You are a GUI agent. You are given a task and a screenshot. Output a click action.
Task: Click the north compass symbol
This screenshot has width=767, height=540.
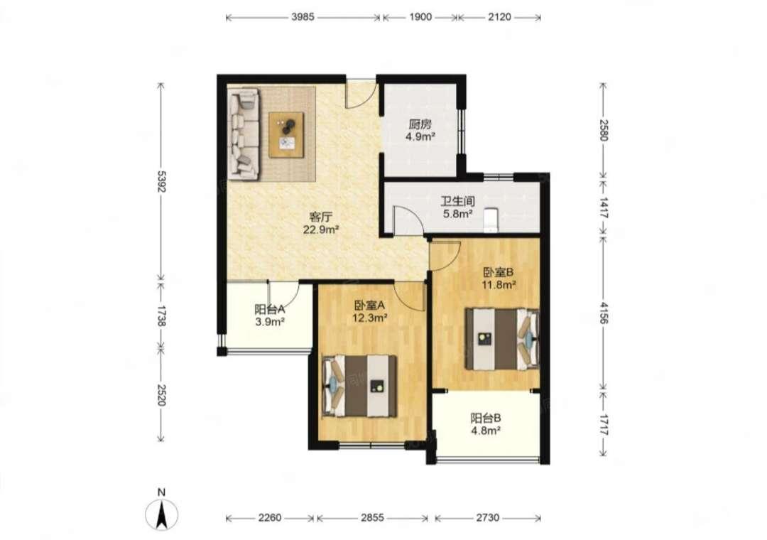coord(161,514)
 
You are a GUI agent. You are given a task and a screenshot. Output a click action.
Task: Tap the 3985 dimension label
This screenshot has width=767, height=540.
coord(303,17)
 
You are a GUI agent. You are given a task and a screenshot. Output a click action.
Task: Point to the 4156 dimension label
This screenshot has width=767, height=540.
coord(604,313)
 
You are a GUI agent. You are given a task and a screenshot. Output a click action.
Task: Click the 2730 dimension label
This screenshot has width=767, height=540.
coord(488,517)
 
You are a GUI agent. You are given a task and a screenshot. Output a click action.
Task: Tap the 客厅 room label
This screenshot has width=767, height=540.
coord(321,217)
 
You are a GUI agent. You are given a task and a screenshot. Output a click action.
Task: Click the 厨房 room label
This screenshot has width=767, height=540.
coord(420,124)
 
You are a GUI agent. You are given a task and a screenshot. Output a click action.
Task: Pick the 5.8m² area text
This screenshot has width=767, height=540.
coord(458,213)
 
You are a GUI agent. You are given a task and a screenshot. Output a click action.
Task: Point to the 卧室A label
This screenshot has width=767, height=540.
coord(370,305)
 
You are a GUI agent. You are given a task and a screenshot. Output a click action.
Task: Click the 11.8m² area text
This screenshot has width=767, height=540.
coord(499,284)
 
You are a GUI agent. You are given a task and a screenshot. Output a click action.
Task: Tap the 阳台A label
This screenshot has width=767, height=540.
coord(270,309)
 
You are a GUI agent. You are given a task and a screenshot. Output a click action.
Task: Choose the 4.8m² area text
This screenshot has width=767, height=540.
coord(486,431)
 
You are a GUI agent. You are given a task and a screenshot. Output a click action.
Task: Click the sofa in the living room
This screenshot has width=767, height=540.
coord(244,134)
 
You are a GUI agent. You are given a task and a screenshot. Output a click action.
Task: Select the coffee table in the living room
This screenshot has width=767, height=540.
coord(286,135)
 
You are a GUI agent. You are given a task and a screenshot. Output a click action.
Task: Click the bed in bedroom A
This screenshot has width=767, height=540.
coord(360,387)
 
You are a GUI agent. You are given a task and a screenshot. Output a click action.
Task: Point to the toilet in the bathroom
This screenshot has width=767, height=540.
coord(490,220)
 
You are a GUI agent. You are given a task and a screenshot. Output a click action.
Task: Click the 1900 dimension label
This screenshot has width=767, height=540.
coord(420,17)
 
